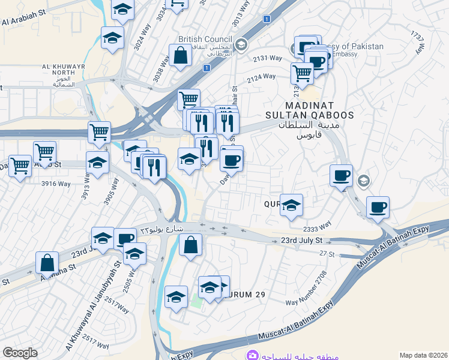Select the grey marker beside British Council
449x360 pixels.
(241, 44)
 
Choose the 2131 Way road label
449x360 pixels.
(267, 58)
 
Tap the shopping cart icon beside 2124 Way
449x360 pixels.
(302, 73)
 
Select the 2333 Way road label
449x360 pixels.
(318, 226)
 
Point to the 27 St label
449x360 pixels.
(327, 254)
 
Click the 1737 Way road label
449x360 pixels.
(418, 44)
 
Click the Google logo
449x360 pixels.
(20, 353)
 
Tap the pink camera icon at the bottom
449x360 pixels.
(253, 355)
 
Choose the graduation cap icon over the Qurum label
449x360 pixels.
(291, 205)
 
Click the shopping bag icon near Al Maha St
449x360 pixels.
(47, 262)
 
